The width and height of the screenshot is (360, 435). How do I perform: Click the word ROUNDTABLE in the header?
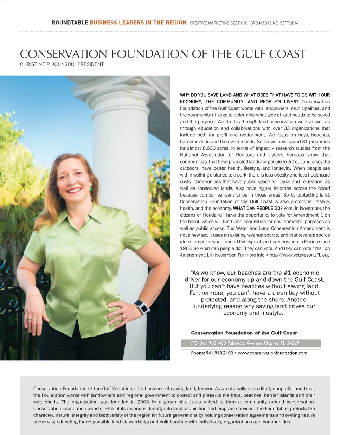pyautogui.click(x=70, y=23)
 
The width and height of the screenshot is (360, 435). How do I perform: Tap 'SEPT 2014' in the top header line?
pyautogui.click(x=289, y=23)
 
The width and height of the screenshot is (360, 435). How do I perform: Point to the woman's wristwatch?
pyautogui.click(x=142, y=307)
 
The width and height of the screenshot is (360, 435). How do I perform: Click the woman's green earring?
pyautogui.click(x=91, y=189)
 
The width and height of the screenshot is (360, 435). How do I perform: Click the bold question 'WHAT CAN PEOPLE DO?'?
pyautogui.click(x=257, y=208)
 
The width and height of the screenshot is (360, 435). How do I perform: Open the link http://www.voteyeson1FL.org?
pyautogui.click(x=299, y=255)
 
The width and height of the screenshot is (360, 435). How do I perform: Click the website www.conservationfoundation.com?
pyautogui.click(x=272, y=353)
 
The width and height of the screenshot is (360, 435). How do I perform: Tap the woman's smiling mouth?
pyautogui.click(x=74, y=190)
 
